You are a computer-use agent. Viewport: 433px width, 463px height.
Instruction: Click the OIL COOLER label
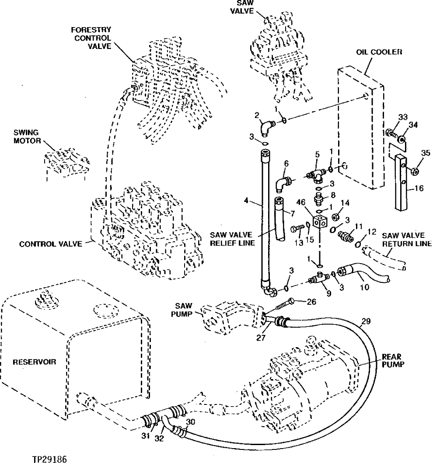[379, 52]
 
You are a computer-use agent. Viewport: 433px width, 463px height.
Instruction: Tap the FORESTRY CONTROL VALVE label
[92, 38]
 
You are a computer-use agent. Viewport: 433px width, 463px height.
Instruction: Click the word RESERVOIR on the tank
[30, 362]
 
